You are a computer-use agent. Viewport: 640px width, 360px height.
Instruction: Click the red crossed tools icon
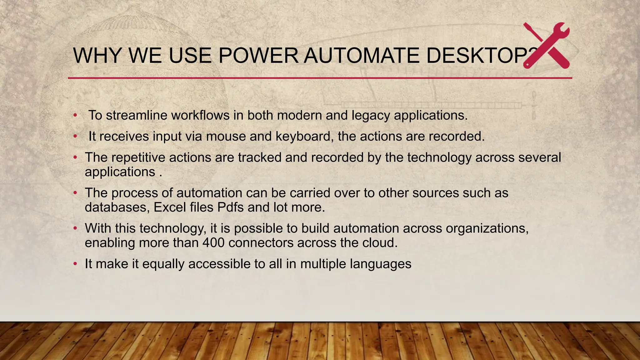[546, 46]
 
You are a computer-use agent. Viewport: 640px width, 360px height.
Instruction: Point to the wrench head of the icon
[561, 31]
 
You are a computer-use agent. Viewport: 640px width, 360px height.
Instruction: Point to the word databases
[117, 207]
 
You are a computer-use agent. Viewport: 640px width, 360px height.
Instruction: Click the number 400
[213, 243]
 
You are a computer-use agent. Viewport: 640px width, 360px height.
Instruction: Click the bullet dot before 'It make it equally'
[75, 264]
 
